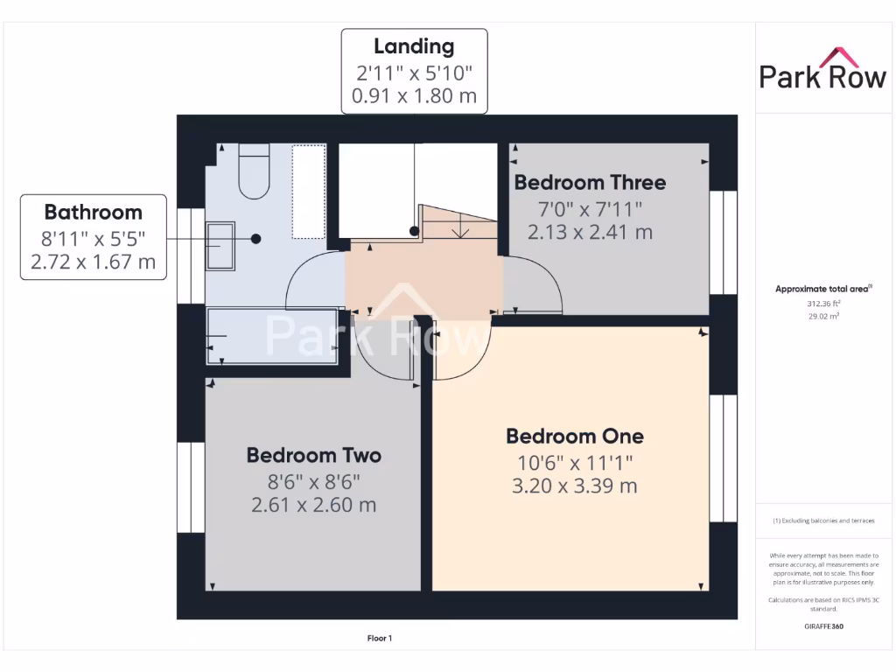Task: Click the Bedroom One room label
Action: point(575,436)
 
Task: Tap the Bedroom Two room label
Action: point(313,455)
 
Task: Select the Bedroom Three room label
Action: point(590,183)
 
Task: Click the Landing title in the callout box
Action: point(414,46)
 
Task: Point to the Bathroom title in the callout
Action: point(94,212)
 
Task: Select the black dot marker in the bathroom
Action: point(256,238)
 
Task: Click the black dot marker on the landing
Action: point(414,231)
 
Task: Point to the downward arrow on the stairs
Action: point(458,229)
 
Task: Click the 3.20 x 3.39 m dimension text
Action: point(575,486)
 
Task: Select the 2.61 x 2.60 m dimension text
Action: point(313,505)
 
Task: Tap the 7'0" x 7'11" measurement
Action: point(590,208)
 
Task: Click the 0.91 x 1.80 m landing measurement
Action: point(414,96)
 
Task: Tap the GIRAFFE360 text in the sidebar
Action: point(822,626)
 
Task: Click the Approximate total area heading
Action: point(822,289)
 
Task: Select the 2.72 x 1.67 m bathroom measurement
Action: point(94,261)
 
